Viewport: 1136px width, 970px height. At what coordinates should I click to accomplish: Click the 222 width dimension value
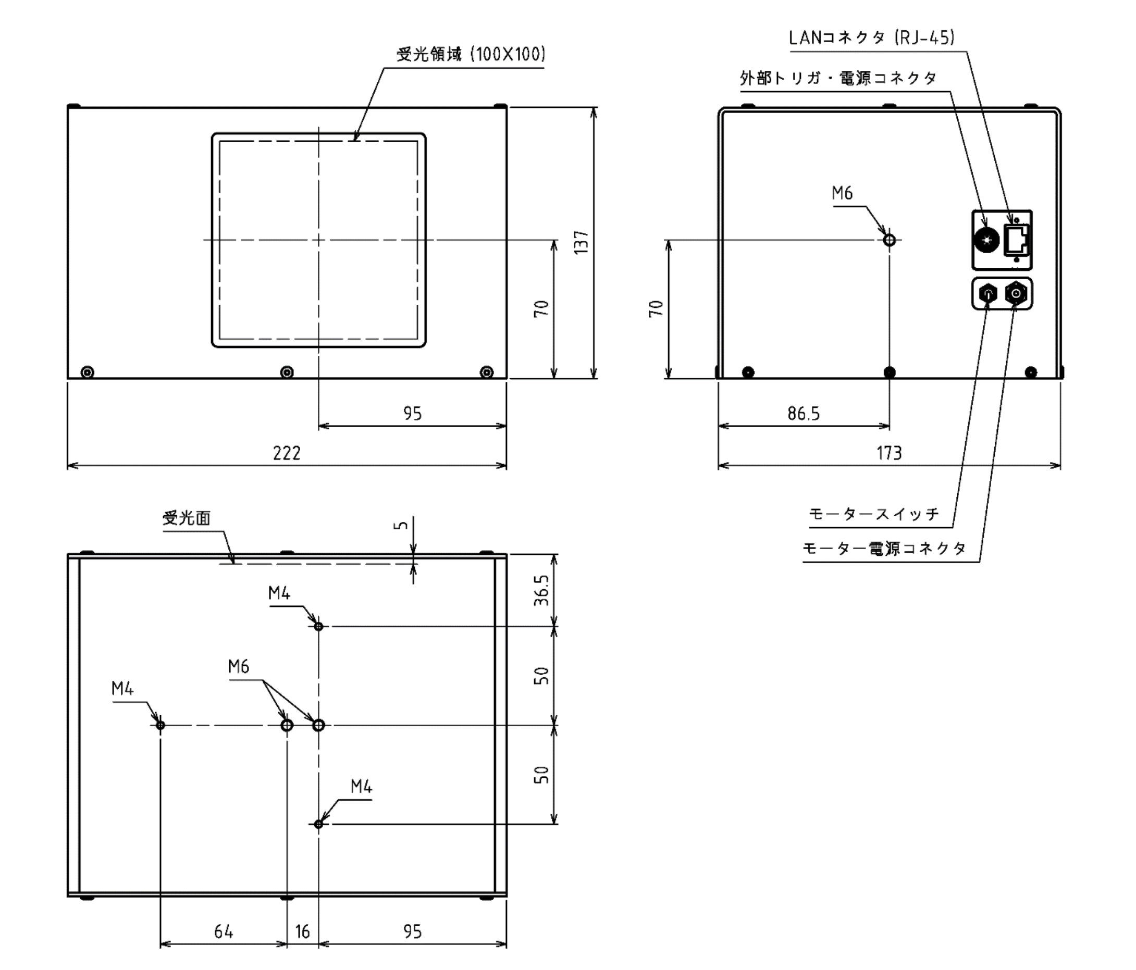tap(287, 453)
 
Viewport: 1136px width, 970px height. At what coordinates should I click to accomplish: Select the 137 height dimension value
tap(581, 242)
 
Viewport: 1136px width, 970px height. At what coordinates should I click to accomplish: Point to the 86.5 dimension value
tap(804, 413)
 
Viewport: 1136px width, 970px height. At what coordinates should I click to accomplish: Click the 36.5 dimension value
tap(541, 590)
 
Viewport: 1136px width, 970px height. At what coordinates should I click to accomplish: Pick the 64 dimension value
tap(224, 931)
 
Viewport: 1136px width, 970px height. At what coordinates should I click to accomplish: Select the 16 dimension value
tap(303, 931)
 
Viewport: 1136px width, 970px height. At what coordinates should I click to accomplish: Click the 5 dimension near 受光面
tap(401, 525)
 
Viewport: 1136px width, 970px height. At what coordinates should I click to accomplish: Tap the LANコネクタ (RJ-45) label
tap(872, 38)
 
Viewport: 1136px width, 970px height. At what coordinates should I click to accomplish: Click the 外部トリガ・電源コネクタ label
tap(838, 78)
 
